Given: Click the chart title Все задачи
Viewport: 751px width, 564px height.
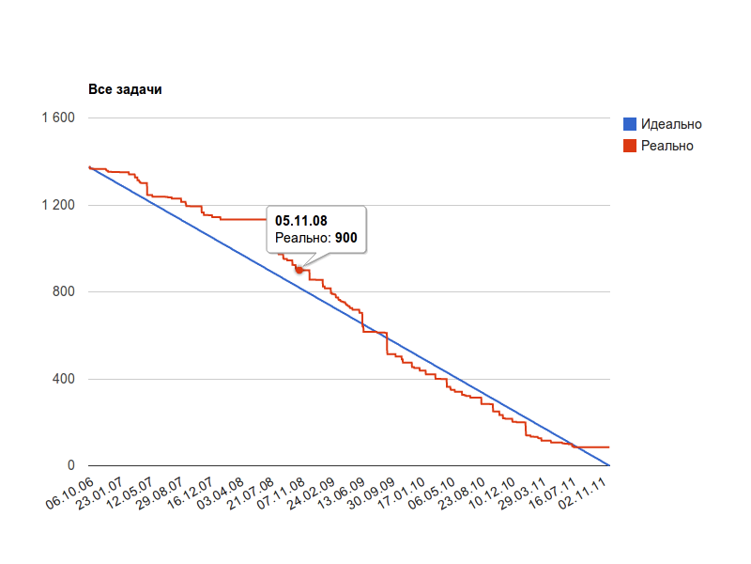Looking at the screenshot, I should [x=125, y=90].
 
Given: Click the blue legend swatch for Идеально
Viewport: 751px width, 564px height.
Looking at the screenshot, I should [x=630, y=124].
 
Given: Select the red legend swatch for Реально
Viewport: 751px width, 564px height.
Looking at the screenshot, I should [x=630, y=146].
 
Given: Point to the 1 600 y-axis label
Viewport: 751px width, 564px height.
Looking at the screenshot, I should [x=57, y=117].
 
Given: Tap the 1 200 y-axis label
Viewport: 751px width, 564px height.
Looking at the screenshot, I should [x=57, y=205].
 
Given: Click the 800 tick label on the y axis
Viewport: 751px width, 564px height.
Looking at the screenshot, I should [x=63, y=292].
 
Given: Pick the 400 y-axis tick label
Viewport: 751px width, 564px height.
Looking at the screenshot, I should [x=63, y=379].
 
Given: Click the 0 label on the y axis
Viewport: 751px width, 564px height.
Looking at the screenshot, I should [x=70, y=466].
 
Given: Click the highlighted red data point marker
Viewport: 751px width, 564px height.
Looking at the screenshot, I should [x=299, y=270].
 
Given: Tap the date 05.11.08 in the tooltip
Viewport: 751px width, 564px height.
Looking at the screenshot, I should [x=301, y=220].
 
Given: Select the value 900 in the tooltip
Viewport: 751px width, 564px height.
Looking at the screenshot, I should [x=345, y=239].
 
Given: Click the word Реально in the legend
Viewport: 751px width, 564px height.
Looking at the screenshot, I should [x=667, y=146].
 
